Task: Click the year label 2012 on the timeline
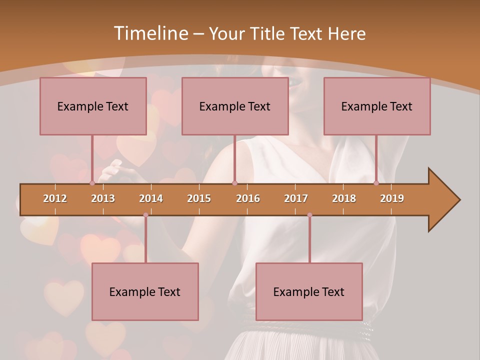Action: pyautogui.click(x=55, y=198)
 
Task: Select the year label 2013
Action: pyautogui.click(x=103, y=198)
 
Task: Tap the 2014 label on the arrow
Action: pyautogui.click(x=151, y=198)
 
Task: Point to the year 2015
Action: pyautogui.click(x=199, y=198)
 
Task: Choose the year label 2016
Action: pyautogui.click(x=248, y=198)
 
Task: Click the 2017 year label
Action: pyautogui.click(x=296, y=198)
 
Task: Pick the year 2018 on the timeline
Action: pyautogui.click(x=344, y=198)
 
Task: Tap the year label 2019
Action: pyautogui.click(x=392, y=198)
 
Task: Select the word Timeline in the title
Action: pyautogui.click(x=150, y=33)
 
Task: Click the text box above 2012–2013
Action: pyautogui.click(x=93, y=106)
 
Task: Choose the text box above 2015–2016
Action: pyautogui.click(x=235, y=106)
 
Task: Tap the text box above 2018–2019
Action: pyautogui.click(x=377, y=106)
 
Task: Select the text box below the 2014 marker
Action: pyautogui.click(x=145, y=291)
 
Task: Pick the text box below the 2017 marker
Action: pyautogui.click(x=309, y=291)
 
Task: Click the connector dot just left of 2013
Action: pyautogui.click(x=92, y=183)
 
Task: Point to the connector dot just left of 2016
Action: pyautogui.click(x=234, y=183)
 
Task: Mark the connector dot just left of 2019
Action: pyautogui.click(x=376, y=183)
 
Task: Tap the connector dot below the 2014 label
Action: pyautogui.click(x=145, y=215)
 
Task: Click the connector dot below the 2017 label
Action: pyautogui.click(x=309, y=215)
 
